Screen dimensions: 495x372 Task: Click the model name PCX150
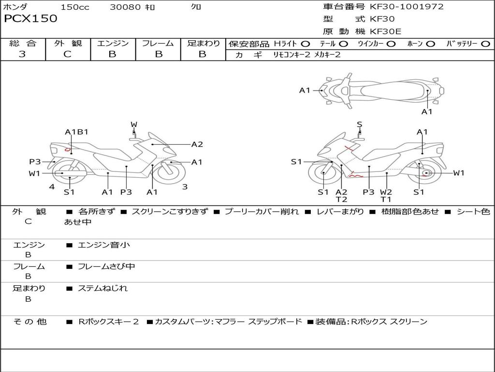(30, 19)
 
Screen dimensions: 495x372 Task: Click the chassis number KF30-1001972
(407, 7)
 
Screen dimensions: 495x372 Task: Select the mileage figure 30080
(125, 7)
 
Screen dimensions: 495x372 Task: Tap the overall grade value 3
(22, 54)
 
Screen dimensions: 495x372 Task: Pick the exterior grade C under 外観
(67, 54)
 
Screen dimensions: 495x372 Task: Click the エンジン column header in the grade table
(113, 44)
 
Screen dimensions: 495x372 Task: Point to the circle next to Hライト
(306, 44)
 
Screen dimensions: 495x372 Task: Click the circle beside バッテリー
(485, 44)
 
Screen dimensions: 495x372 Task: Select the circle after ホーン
(430, 44)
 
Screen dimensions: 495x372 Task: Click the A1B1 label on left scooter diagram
(76, 132)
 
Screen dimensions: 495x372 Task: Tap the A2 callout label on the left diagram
(197, 144)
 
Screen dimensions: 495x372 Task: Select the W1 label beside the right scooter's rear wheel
(458, 173)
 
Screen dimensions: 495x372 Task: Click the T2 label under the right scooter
(341, 199)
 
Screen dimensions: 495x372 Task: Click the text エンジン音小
(104, 245)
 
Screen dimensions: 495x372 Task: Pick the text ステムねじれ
(102, 288)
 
